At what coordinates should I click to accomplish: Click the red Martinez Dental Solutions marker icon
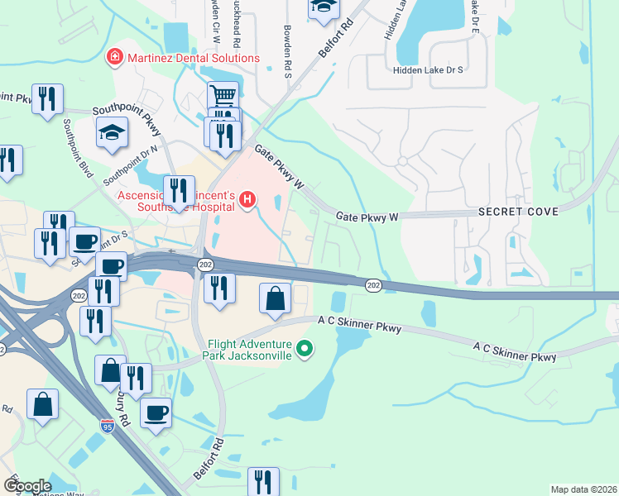[x=113, y=58]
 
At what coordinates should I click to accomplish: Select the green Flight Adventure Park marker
[x=305, y=350]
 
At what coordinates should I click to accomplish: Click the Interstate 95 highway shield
[x=108, y=426]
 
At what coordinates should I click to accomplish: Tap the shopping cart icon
[x=223, y=95]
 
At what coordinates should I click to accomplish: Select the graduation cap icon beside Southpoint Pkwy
[x=112, y=133]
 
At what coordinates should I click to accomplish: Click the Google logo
[x=27, y=485]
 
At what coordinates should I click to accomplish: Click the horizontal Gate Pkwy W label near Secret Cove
[x=367, y=217]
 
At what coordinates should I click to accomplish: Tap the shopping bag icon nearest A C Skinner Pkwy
[x=276, y=298]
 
